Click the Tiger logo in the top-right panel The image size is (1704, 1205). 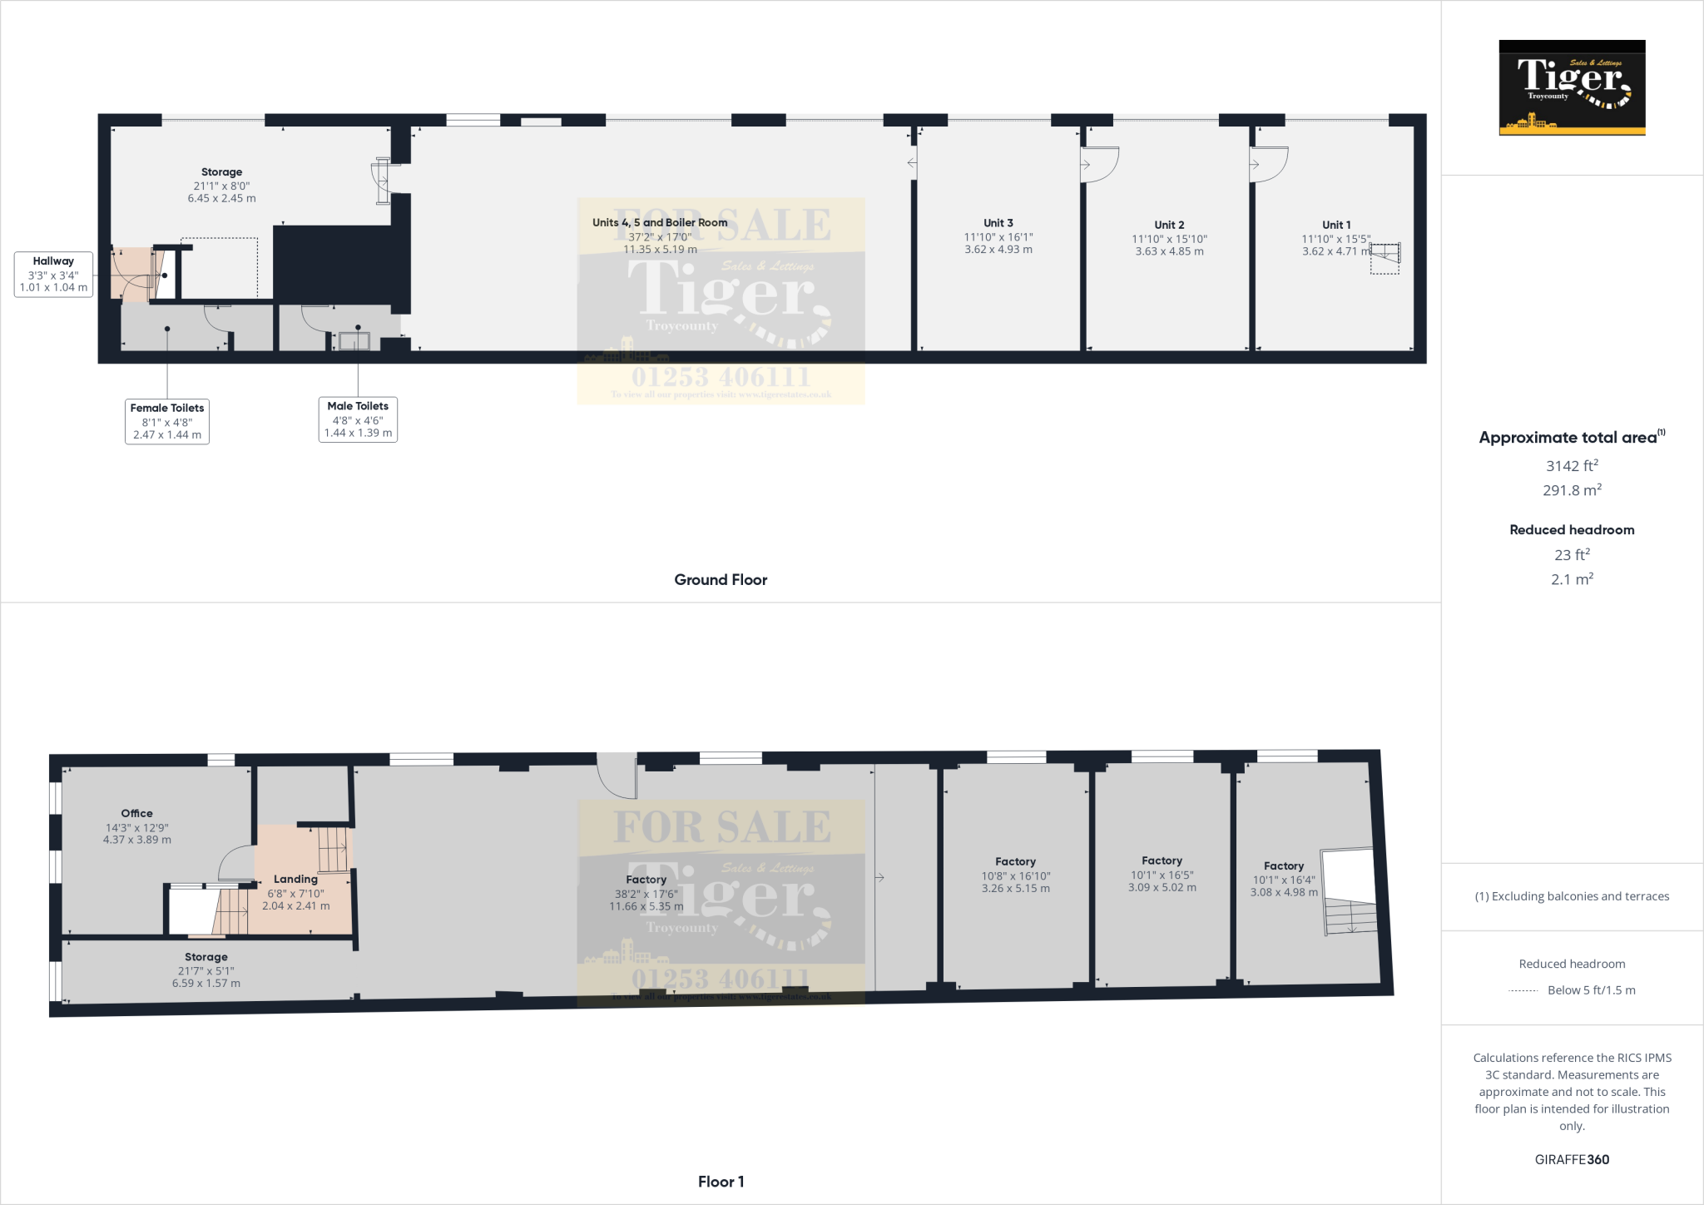click(1572, 87)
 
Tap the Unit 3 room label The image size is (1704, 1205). click(998, 223)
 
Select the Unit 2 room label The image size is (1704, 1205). click(1169, 225)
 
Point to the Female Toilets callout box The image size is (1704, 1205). click(167, 421)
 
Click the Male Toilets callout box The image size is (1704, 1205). click(358, 419)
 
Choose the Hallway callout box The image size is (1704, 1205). click(53, 275)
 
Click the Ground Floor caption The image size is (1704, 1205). click(721, 580)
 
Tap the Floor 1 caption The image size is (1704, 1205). click(721, 1182)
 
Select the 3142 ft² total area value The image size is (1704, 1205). click(1572, 466)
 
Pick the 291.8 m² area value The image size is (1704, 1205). click(1572, 490)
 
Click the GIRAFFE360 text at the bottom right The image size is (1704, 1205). click(1572, 1159)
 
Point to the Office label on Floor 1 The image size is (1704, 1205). click(136, 814)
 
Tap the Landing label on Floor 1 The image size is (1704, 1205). click(295, 880)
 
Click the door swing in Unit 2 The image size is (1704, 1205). click(1100, 163)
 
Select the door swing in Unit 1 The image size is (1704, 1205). click(1269, 163)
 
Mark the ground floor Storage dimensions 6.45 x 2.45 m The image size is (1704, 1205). click(221, 199)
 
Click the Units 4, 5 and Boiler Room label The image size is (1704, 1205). click(660, 222)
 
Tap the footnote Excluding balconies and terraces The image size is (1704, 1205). click(1572, 896)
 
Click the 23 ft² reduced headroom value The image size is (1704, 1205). click(1572, 555)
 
